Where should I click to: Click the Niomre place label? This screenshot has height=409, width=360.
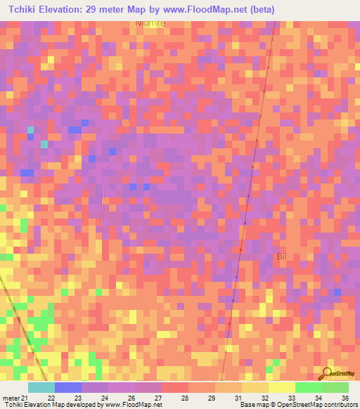150,22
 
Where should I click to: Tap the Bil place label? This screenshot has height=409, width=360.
283,257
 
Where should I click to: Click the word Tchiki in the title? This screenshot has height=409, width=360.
23,9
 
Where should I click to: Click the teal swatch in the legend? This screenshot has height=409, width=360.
41,387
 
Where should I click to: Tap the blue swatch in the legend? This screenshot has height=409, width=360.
67,387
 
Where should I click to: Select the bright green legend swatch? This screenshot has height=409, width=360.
308,387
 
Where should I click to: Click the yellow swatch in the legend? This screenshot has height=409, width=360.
281,387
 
